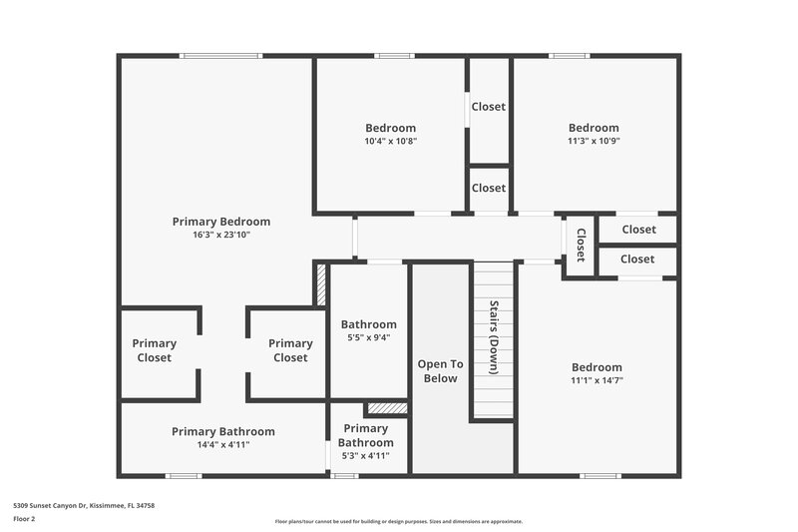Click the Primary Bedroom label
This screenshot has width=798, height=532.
coord(220,222)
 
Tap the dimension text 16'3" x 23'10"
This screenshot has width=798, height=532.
coord(220,237)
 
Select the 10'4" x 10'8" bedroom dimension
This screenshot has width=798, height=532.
coord(390,142)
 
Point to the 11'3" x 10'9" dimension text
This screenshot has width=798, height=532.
coord(594,142)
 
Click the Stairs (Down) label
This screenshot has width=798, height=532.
coord(493,336)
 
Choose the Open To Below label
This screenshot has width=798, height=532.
coord(439,370)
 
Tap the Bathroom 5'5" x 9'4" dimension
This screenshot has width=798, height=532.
coord(368,337)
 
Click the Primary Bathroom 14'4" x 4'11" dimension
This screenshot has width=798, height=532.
coord(222,445)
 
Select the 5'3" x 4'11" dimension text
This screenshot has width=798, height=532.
coord(365,456)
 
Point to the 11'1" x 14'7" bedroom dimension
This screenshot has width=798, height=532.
coord(597,380)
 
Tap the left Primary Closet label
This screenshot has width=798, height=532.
coord(154,350)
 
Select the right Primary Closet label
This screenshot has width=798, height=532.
coord(290,350)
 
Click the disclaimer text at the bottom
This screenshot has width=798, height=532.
coord(398,521)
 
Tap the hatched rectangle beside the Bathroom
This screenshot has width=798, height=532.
coord(320,283)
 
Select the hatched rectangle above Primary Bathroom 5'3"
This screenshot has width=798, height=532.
coord(386,408)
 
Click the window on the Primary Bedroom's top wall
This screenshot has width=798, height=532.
coord(220,56)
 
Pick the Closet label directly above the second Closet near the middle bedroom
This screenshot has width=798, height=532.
coord(488,107)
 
